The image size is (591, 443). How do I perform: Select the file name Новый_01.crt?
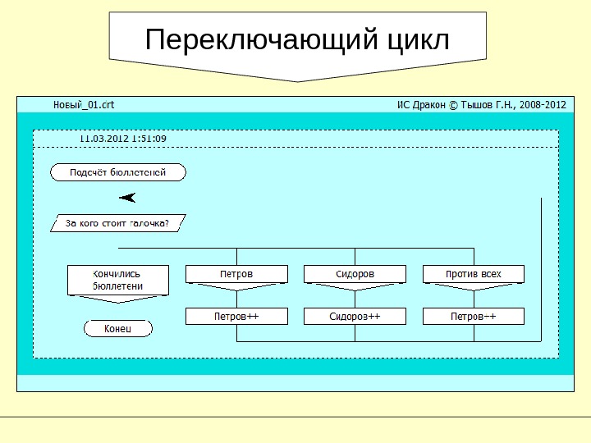(x=85, y=104)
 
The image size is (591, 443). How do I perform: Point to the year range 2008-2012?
(x=543, y=104)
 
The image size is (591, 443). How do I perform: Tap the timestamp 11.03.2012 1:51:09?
(x=122, y=139)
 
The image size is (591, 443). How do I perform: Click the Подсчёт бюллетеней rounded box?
(x=118, y=172)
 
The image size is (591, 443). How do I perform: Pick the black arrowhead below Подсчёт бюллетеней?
(x=127, y=198)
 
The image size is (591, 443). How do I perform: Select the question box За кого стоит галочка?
(x=118, y=223)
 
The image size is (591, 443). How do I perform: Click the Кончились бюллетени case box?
(x=118, y=280)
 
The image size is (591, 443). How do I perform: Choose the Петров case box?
(x=236, y=273)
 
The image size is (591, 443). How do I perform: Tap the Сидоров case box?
(x=355, y=273)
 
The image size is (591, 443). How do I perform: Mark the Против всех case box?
(x=473, y=273)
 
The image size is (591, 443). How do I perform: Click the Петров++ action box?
(x=236, y=316)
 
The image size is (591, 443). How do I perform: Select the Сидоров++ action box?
(x=355, y=316)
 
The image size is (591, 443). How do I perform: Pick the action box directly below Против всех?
(x=473, y=316)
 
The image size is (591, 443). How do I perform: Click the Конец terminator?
(x=118, y=328)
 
